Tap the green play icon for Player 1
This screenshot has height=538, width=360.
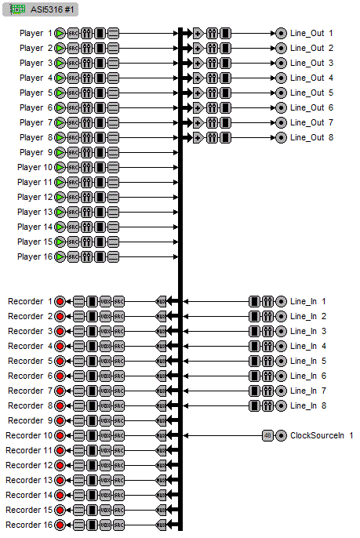(x=60, y=34)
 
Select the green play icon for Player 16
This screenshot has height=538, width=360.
(x=60, y=256)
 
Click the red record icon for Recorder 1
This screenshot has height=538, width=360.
(x=60, y=301)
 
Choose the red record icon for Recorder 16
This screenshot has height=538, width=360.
(x=60, y=525)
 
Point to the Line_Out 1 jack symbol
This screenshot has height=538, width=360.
(x=281, y=34)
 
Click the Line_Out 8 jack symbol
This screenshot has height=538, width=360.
(x=281, y=138)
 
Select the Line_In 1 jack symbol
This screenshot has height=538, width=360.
(x=281, y=301)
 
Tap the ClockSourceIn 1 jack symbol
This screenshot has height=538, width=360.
(x=281, y=435)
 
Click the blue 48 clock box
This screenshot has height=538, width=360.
(x=267, y=435)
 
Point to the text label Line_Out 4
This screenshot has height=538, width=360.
(x=312, y=78)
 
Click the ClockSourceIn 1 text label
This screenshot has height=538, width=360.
(x=322, y=435)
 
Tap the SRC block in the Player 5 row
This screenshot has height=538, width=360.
(x=73, y=93)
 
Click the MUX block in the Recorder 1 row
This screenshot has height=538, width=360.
(x=162, y=301)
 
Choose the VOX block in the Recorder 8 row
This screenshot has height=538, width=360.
(x=106, y=405)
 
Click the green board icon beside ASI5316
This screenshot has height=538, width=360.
(x=16, y=7)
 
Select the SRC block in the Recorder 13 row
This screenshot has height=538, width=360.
(x=119, y=480)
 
